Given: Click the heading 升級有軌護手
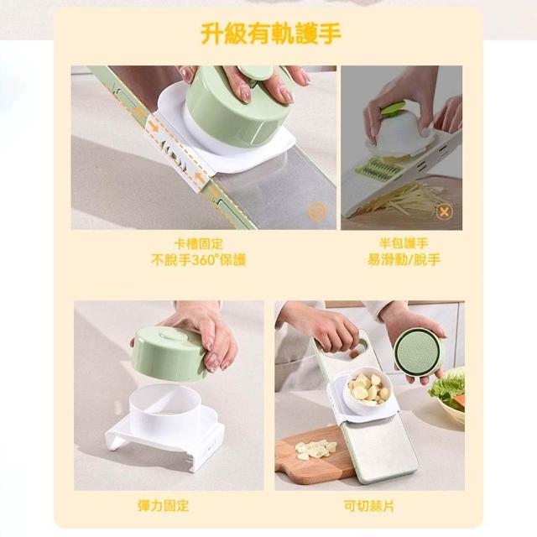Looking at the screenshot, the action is (270, 34).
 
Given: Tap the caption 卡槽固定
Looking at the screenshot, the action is (199, 244).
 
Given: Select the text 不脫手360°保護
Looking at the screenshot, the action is (199, 260).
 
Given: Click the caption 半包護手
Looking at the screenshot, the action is (404, 243).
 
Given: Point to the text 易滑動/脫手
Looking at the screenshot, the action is (404, 259).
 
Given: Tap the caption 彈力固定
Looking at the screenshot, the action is (164, 505).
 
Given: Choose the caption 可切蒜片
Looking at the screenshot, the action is (369, 505).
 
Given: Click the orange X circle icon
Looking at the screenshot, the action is (444, 211).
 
